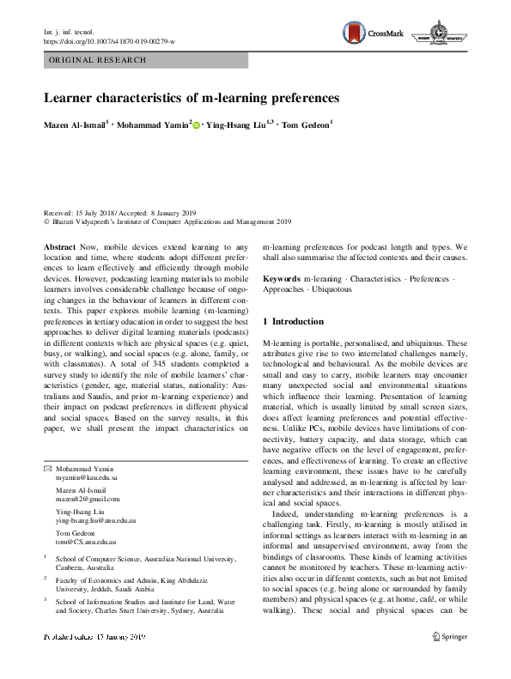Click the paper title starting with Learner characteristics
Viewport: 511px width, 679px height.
tap(192, 98)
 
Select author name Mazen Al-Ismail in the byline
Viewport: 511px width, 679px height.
tap(75, 126)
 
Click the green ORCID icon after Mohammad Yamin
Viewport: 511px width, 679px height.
tap(196, 126)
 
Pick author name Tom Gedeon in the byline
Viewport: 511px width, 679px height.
tap(306, 126)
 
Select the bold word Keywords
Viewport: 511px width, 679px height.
tap(281, 279)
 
